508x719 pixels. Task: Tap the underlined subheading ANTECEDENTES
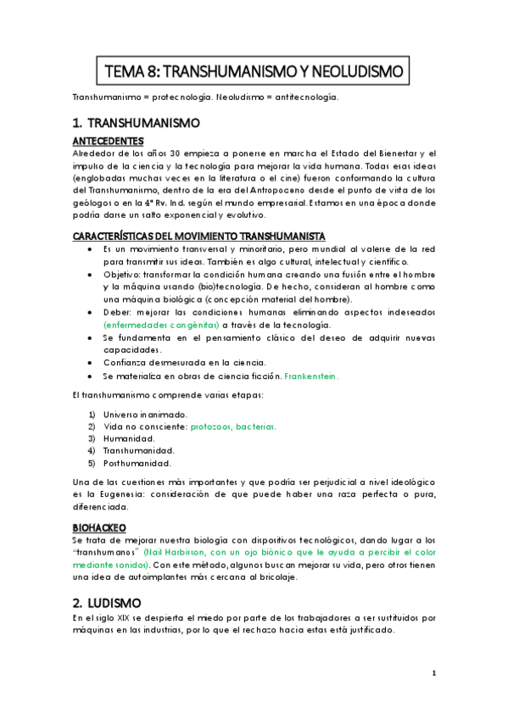click(108, 140)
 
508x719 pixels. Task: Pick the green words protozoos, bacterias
click(232, 426)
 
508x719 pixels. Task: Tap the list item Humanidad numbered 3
click(128, 438)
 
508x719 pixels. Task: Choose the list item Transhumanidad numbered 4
click(137, 451)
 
